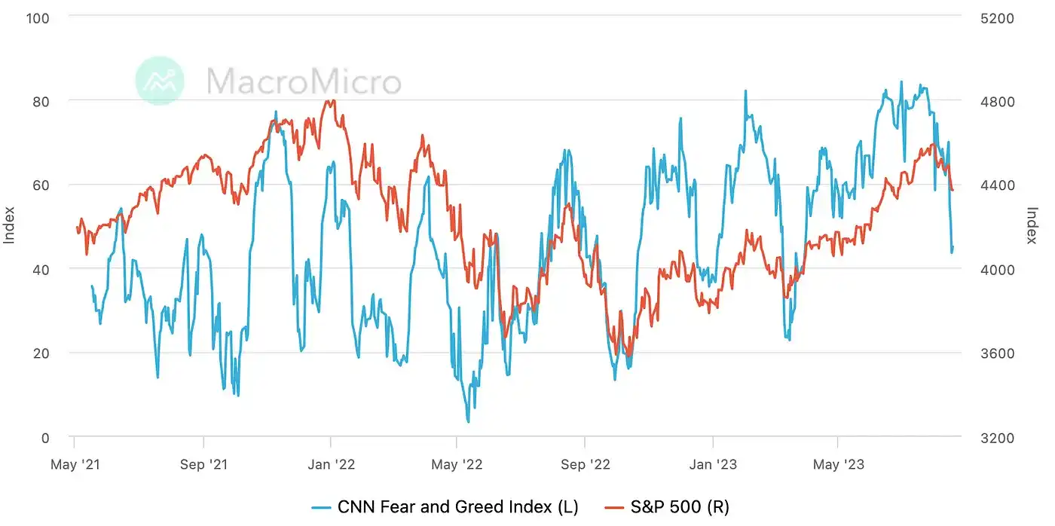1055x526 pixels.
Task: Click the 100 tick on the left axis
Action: (x=38, y=17)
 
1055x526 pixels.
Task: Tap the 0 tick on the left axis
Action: (x=44, y=437)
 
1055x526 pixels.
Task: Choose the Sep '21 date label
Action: (x=203, y=463)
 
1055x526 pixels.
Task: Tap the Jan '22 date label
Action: (x=330, y=463)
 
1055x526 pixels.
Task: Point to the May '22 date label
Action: (x=456, y=463)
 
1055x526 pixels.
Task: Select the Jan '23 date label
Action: (x=713, y=463)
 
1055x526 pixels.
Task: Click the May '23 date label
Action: (x=838, y=463)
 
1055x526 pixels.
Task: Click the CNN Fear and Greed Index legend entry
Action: (x=445, y=507)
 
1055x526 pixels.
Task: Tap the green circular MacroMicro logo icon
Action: (x=160, y=80)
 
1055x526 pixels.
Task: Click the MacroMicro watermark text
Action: (x=304, y=81)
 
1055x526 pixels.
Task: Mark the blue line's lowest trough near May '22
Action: (x=468, y=421)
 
